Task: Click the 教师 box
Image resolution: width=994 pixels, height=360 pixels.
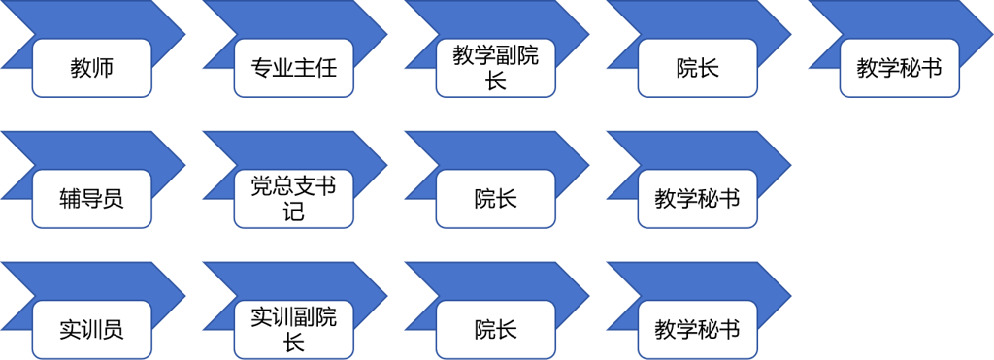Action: coord(91,69)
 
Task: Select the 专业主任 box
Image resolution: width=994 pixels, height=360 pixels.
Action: coord(293,69)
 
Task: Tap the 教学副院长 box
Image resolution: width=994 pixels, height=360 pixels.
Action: coord(495,69)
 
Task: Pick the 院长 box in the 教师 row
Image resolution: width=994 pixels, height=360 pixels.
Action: coord(697,69)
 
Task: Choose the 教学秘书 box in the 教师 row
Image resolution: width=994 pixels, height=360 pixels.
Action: coord(899,69)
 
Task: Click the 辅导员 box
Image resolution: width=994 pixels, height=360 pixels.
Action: coord(91,199)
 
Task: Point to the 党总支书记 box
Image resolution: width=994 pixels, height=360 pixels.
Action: coord(293,199)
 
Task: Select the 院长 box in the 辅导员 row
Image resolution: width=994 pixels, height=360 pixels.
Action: coord(495,199)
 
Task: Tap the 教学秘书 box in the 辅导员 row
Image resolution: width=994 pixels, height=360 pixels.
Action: coord(697,199)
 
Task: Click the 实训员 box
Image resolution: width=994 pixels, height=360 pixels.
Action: coord(91,329)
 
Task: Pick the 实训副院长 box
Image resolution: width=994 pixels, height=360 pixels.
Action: coord(293,329)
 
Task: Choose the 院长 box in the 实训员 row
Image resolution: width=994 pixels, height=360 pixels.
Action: coord(495,329)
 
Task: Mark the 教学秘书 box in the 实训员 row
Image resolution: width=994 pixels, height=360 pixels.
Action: coord(697,329)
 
